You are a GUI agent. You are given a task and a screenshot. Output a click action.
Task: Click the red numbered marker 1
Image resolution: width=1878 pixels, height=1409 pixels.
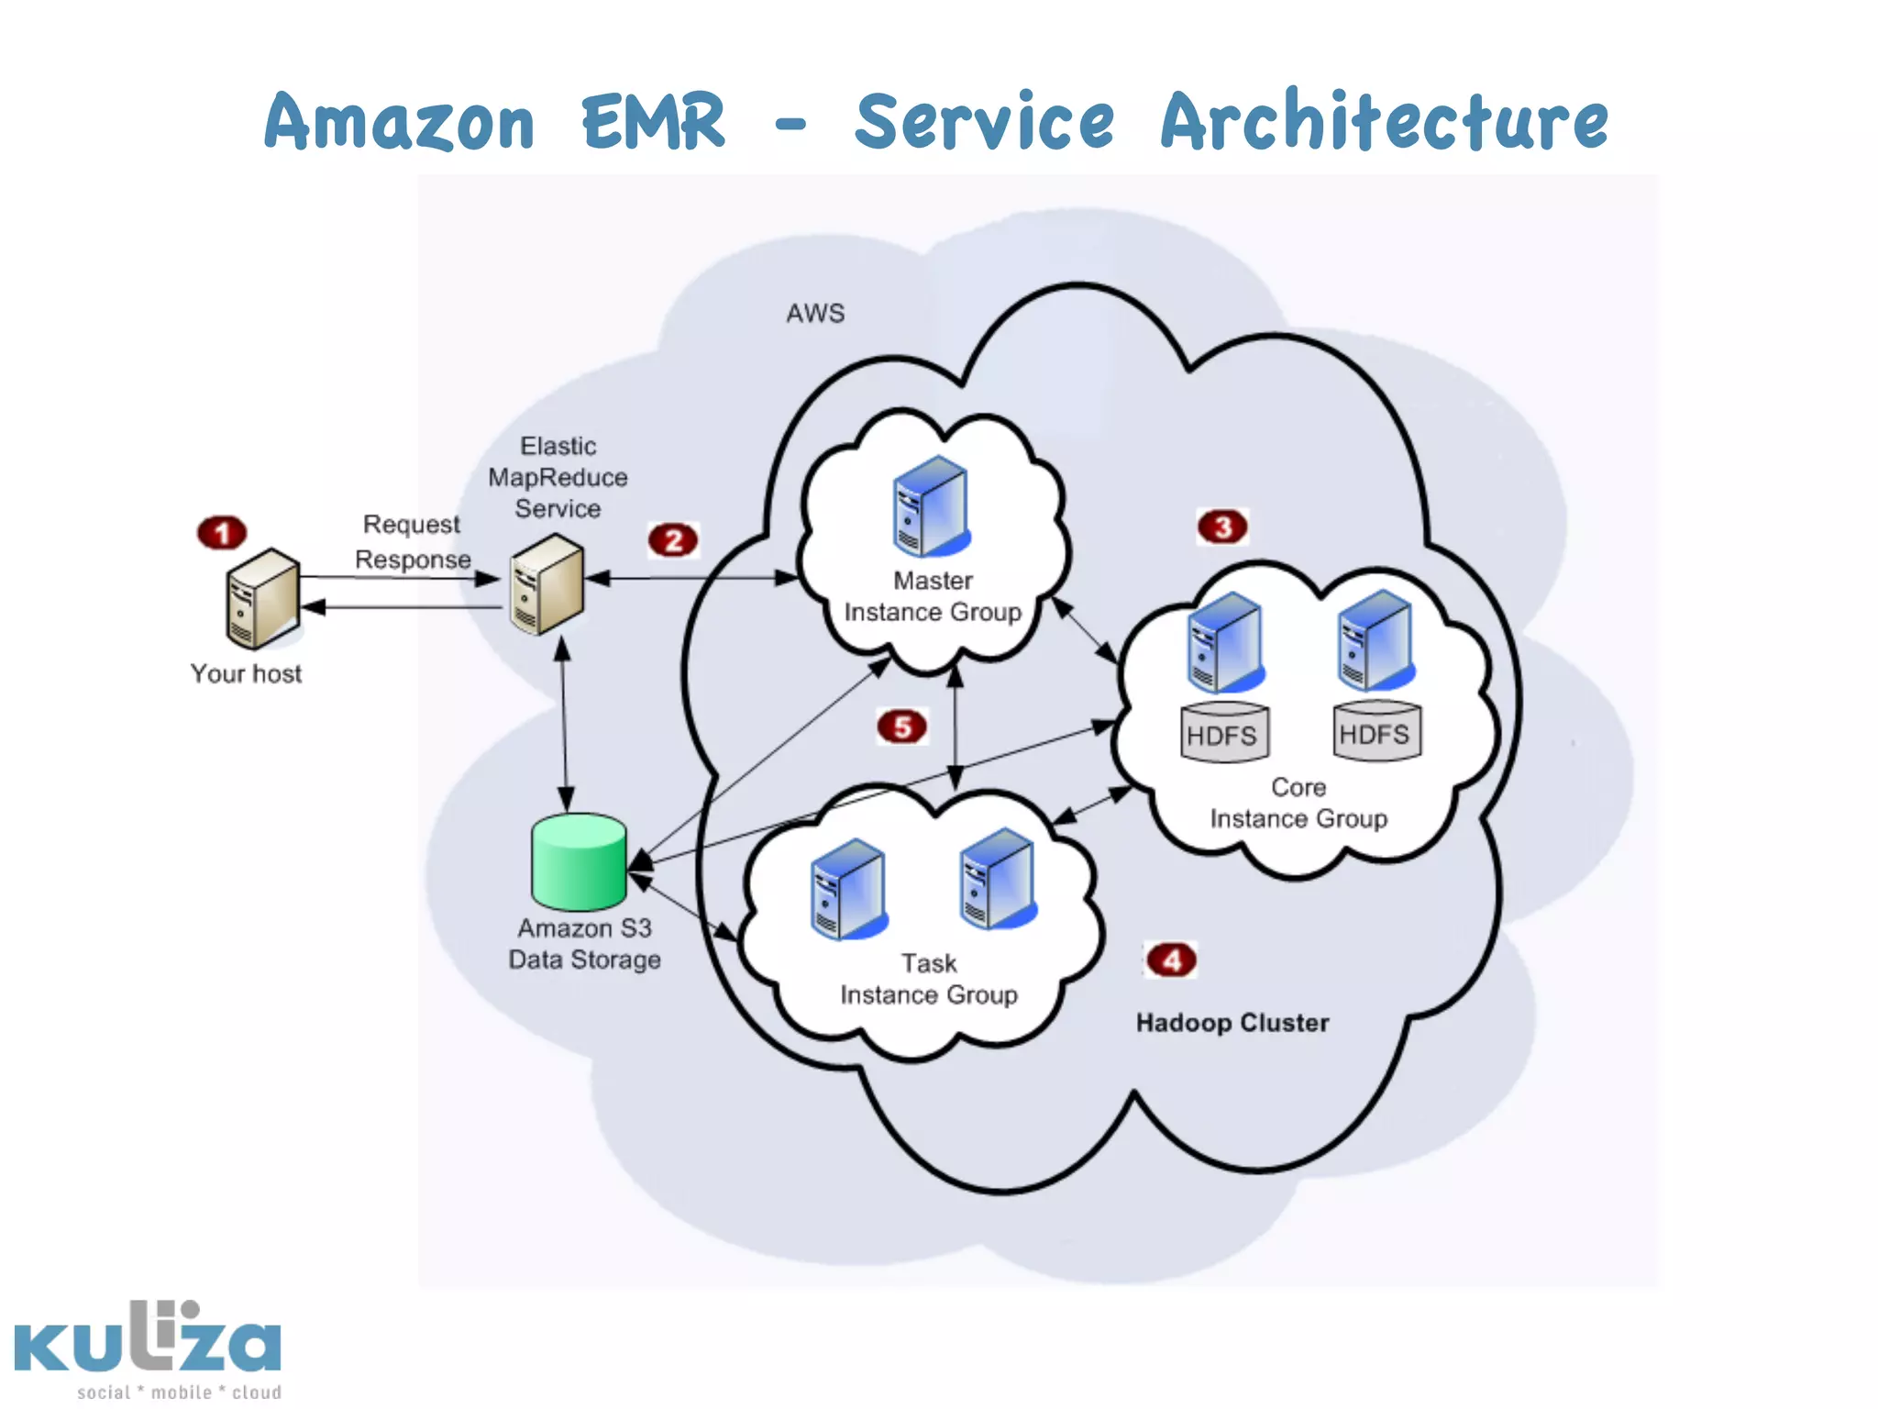tap(222, 532)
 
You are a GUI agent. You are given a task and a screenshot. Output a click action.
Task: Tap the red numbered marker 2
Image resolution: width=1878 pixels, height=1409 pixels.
tap(673, 540)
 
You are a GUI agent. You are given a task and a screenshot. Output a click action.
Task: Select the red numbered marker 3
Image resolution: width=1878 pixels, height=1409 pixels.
tap(1222, 527)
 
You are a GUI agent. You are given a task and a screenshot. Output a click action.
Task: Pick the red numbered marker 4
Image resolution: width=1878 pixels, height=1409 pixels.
tap(1171, 960)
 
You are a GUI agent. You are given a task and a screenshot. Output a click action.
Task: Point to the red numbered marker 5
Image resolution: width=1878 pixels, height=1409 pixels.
tap(901, 727)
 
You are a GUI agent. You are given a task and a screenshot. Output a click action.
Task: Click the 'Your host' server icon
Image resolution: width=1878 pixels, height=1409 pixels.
tap(262, 597)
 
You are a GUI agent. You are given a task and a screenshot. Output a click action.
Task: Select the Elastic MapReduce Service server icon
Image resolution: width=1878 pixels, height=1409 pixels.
tap(547, 585)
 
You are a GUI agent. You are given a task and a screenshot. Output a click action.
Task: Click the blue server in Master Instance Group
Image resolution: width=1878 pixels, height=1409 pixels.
tap(930, 506)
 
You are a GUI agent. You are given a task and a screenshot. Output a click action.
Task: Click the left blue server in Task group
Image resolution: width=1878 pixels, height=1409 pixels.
tap(848, 889)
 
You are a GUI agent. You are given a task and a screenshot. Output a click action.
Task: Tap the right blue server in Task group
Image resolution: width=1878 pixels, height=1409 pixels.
tap(997, 879)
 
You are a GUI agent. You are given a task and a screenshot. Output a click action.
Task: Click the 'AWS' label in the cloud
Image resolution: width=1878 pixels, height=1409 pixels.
tap(815, 314)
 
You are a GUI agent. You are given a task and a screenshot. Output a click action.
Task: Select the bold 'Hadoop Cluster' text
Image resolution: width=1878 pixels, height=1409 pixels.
tap(1232, 1023)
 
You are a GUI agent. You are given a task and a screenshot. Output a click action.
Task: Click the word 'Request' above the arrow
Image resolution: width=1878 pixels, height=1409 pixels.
tap(411, 525)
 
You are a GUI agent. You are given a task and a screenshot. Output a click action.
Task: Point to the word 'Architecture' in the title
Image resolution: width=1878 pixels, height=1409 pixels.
tap(1384, 122)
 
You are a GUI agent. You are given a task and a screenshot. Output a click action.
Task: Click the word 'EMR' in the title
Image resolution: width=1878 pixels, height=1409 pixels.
tap(654, 122)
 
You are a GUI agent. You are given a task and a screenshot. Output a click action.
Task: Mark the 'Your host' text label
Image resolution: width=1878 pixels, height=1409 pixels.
tap(246, 674)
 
